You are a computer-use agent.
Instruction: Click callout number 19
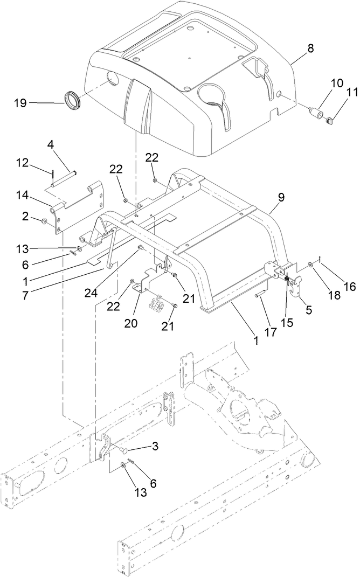coord(19,102)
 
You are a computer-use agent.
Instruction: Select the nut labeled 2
coord(44,221)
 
